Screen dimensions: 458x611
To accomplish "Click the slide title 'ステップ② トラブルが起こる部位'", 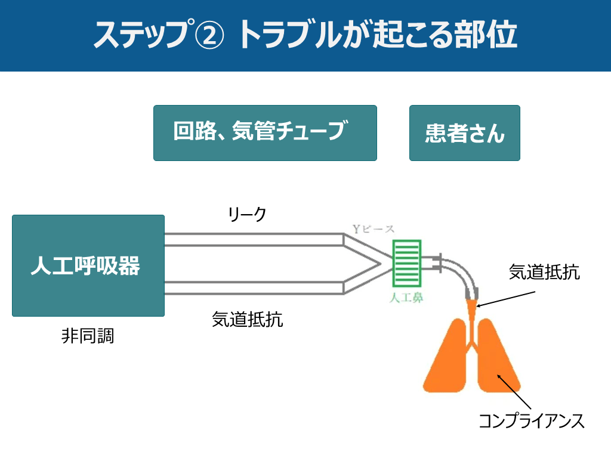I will pos(305,35).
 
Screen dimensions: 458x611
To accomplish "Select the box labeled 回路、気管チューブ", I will pos(265,133).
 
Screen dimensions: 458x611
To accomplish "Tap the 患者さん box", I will pos(464,133).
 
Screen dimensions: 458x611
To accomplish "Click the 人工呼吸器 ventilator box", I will pos(88,265).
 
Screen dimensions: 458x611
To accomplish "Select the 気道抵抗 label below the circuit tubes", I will pos(247,320).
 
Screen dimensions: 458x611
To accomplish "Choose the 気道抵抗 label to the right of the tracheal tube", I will pos(544,273).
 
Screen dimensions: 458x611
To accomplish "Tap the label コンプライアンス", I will pos(531,421).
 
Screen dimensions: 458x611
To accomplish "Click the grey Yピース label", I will pos(374,229).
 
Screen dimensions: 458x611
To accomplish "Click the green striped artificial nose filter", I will pos(406,263).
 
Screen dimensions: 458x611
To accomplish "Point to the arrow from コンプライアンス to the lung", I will pos(512,391).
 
